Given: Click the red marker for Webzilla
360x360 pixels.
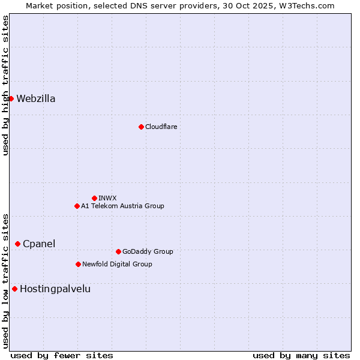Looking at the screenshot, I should (11, 98).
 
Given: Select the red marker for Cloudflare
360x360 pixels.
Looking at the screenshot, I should (141, 127).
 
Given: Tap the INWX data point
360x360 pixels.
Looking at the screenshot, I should (94, 198).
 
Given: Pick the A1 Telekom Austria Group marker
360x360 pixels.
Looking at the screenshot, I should (77, 206).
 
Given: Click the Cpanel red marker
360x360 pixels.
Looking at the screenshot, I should (17, 244).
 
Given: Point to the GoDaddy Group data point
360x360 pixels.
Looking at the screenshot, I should (118, 251).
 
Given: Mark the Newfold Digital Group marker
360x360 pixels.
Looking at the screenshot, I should (78, 264).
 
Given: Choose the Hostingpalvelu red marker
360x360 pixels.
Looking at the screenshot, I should (14, 289).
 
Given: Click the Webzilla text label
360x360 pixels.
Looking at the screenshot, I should (36, 99).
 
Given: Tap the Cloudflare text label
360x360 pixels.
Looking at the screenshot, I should (161, 127).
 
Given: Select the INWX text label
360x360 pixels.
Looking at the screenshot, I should (108, 198).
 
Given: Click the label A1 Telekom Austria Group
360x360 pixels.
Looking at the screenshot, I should (122, 206).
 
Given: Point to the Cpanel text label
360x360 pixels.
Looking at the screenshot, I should (39, 244).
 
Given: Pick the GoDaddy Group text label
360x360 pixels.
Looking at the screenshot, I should (148, 252).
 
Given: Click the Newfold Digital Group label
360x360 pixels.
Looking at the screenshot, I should (117, 265).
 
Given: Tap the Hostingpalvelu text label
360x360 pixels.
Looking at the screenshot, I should (55, 289).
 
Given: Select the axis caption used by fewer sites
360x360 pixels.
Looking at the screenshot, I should (62, 355).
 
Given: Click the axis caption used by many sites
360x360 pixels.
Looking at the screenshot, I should (301, 355).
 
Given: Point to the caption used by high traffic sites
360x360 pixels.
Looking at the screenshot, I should (5, 85).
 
